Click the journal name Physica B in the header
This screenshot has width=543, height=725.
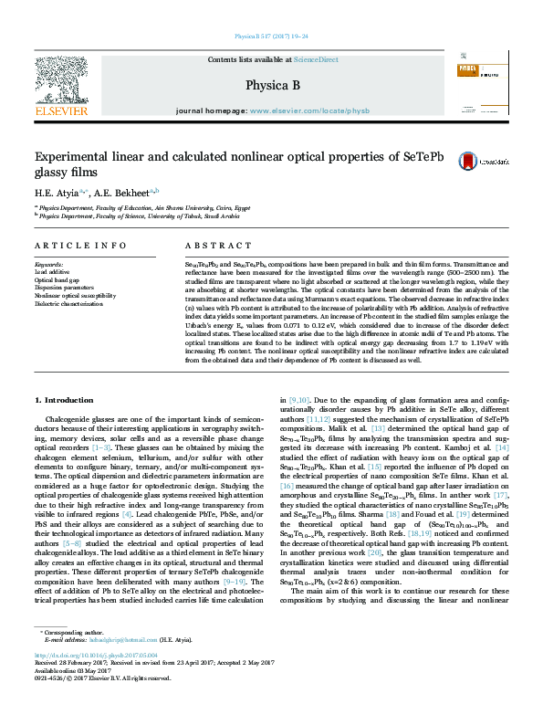pos(272,86)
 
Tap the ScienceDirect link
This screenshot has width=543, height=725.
pos(316,59)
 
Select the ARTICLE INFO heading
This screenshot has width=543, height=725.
pos(80,246)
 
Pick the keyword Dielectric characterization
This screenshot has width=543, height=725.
pos(70,304)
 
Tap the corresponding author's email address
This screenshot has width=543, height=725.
pos(108,667)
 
